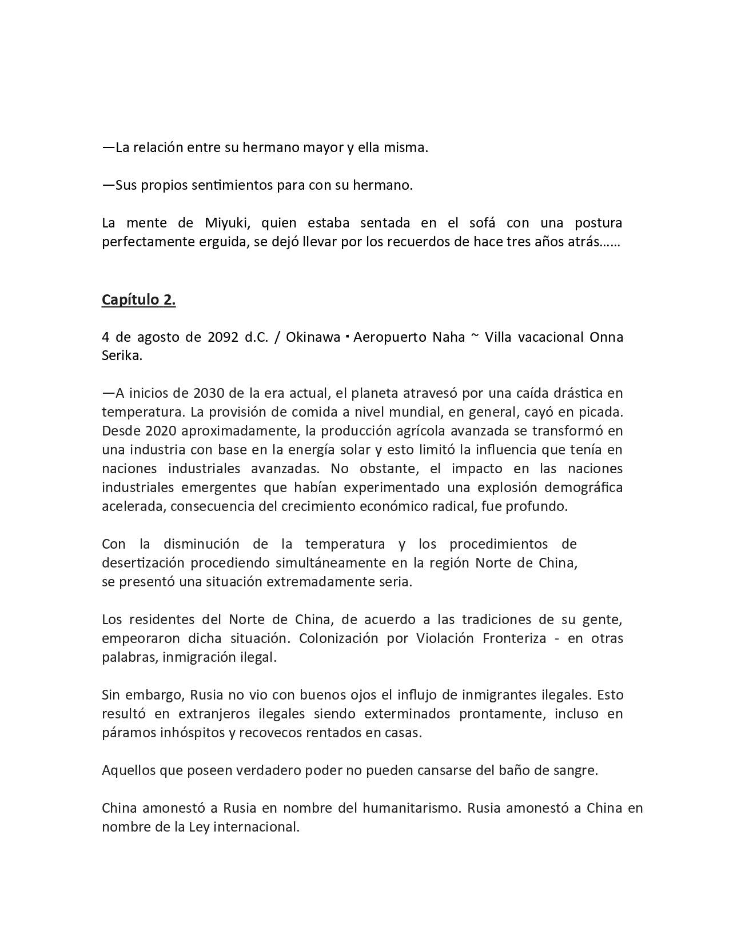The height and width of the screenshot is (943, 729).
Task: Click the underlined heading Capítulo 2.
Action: point(138,299)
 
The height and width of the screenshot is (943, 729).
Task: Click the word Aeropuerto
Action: point(388,337)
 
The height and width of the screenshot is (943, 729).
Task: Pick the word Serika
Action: point(121,355)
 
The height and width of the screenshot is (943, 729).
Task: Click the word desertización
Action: point(143,563)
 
